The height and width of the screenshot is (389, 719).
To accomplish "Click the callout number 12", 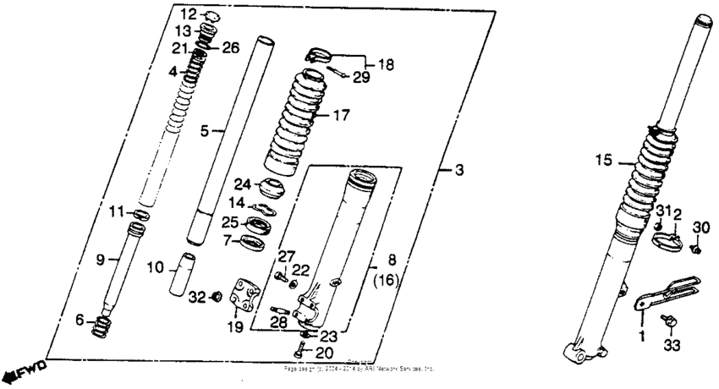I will tap(188, 14).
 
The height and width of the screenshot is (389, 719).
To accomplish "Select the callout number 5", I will tap(204, 131).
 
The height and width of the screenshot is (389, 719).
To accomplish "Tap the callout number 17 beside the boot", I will tap(341, 115).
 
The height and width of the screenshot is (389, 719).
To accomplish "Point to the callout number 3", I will tap(459, 173).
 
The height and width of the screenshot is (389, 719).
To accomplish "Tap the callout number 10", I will tap(154, 268).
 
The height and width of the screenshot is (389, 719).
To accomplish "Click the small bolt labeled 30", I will tap(696, 249).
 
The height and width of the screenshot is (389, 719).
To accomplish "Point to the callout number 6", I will tap(80, 321).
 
